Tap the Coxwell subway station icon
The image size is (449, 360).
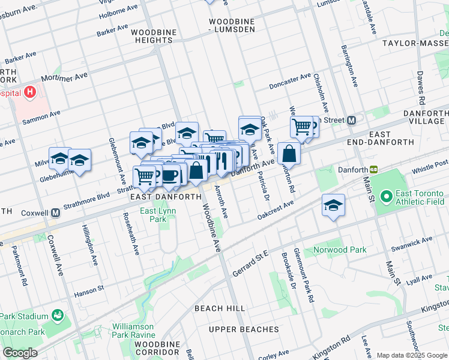click(x=56, y=212)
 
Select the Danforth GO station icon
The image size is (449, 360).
click(x=373, y=170)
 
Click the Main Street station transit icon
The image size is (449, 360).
click(x=352, y=120)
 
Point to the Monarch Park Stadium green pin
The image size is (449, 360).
click(x=58, y=316)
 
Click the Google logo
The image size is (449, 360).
click(x=20, y=353)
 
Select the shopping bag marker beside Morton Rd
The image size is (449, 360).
click(x=289, y=154)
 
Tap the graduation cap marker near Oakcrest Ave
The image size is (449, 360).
click(x=333, y=206)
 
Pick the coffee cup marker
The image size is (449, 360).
click(x=170, y=175)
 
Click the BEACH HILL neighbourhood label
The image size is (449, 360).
click(x=220, y=308)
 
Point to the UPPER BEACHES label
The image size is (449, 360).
click(x=244, y=329)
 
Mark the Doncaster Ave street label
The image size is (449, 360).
click(x=290, y=80)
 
